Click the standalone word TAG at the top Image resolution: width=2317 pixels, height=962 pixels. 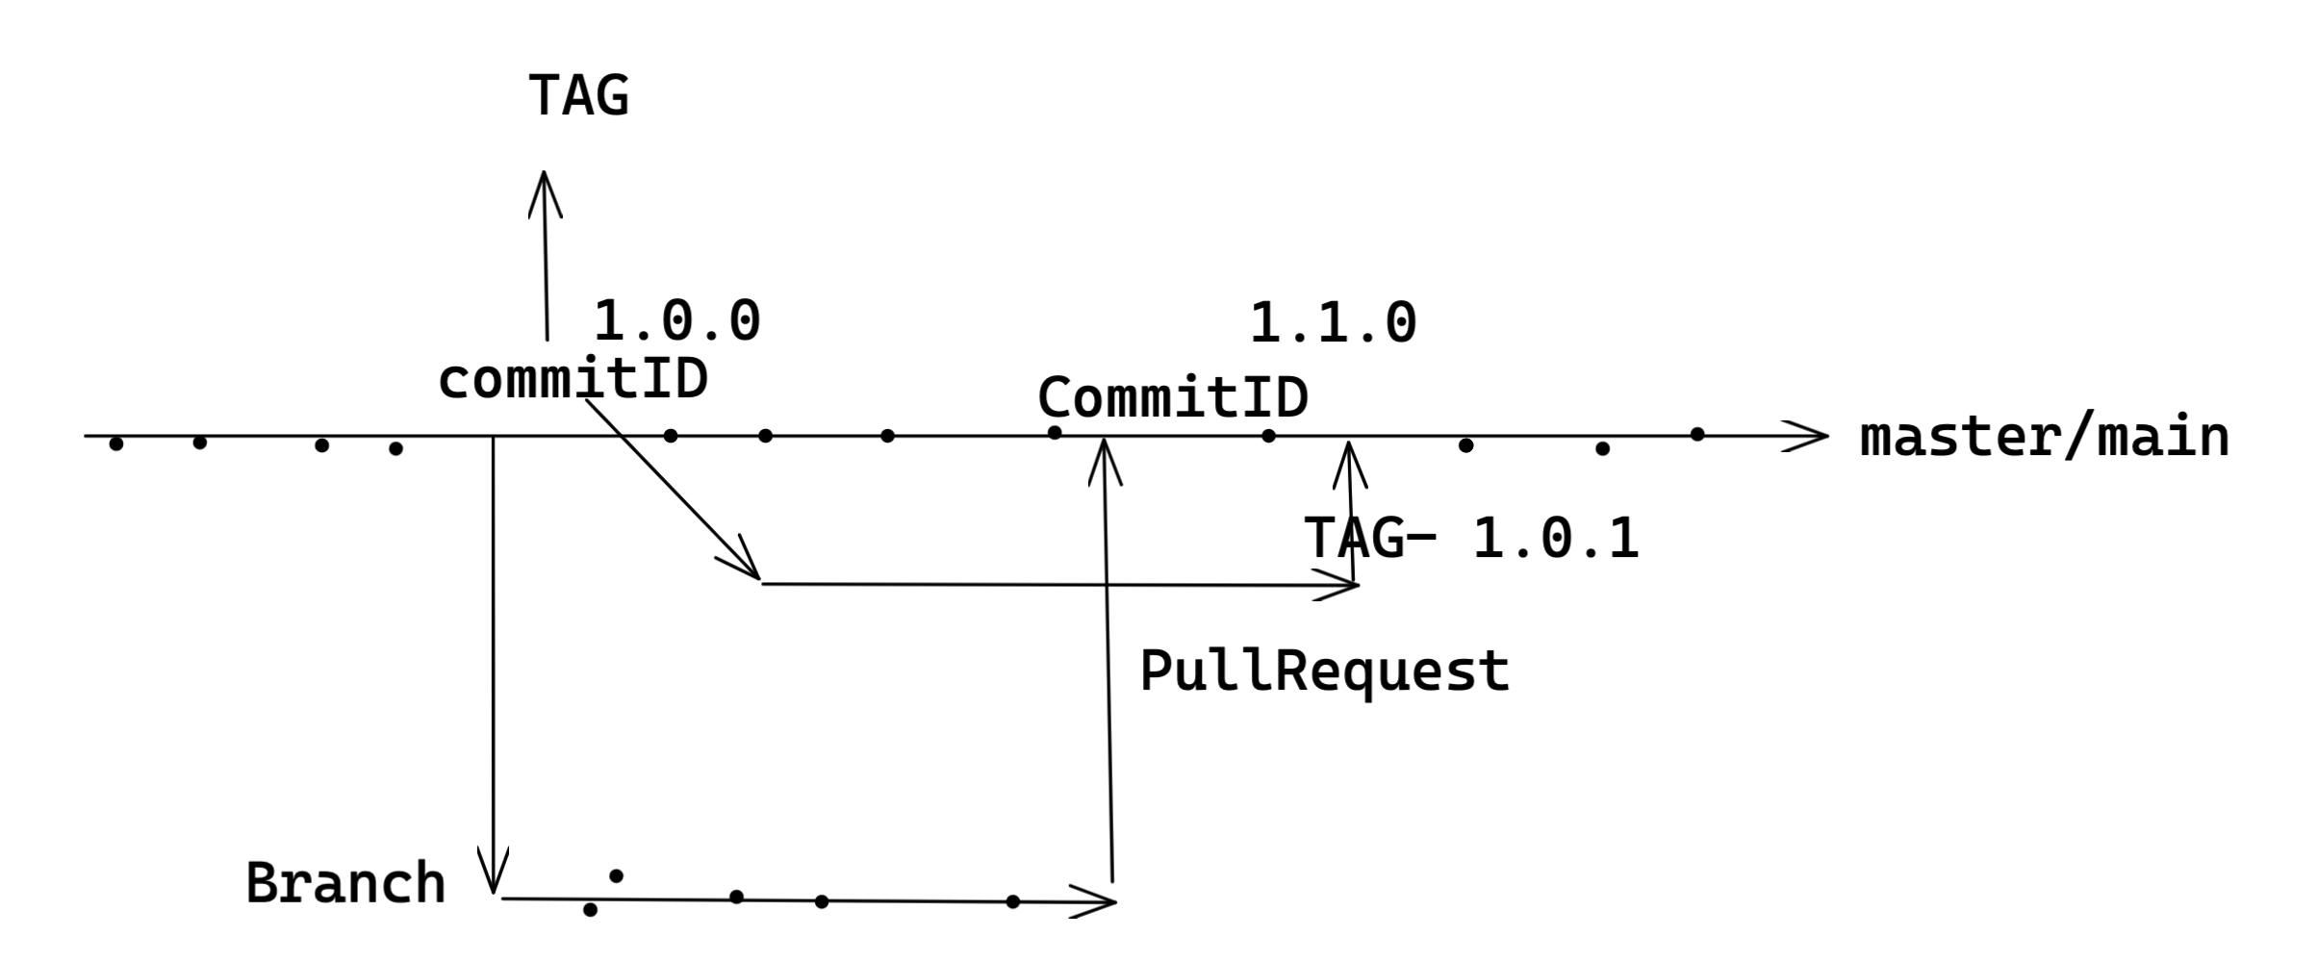click(x=578, y=96)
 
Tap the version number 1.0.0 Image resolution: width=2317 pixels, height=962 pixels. click(x=676, y=321)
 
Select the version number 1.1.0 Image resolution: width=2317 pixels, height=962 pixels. click(x=1333, y=322)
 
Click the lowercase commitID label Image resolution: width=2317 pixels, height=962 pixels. click(x=573, y=380)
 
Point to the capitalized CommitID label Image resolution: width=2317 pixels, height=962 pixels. click(x=1172, y=397)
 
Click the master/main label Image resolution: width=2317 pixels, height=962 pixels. click(x=2044, y=438)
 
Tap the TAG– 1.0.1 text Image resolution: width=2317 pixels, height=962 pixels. click(x=1471, y=538)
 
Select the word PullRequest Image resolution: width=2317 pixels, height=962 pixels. click(x=1324, y=671)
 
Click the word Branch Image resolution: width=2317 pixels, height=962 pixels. click(x=345, y=883)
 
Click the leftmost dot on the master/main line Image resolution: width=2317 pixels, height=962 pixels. click(x=116, y=443)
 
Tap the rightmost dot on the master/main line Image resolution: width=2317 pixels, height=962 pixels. click(x=1697, y=435)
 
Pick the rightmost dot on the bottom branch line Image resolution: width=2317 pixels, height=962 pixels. click(x=1012, y=901)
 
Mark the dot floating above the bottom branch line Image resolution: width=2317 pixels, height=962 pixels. click(x=616, y=875)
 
